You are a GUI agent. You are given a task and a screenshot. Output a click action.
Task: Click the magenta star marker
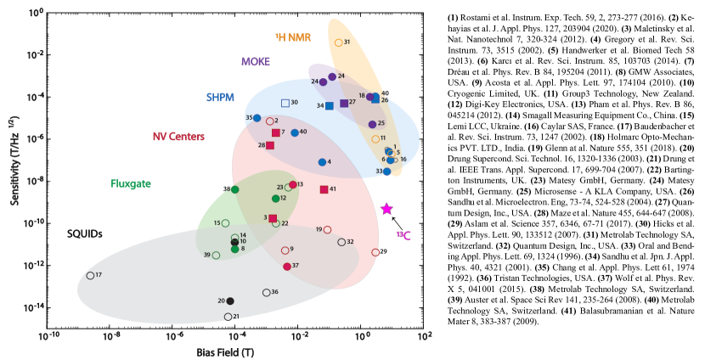click(386, 209)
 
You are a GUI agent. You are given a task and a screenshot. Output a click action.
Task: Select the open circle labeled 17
click(91, 275)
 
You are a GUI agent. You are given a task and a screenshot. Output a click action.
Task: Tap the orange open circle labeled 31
click(339, 42)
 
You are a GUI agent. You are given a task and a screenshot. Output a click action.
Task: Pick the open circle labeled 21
click(228, 317)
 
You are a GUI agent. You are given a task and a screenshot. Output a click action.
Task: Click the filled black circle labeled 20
click(230, 301)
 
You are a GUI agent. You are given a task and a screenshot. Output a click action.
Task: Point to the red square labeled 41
click(324, 189)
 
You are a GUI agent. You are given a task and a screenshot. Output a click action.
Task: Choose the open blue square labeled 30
click(285, 103)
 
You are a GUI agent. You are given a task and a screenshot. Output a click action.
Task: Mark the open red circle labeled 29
click(375, 252)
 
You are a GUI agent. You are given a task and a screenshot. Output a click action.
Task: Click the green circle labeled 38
click(235, 189)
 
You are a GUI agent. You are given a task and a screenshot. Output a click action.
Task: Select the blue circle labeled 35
click(257, 118)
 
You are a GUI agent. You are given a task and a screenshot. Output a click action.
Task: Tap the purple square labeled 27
click(344, 104)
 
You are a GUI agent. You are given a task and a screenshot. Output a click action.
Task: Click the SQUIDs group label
click(85, 233)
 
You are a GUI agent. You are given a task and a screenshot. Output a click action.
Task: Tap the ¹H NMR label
click(294, 37)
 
